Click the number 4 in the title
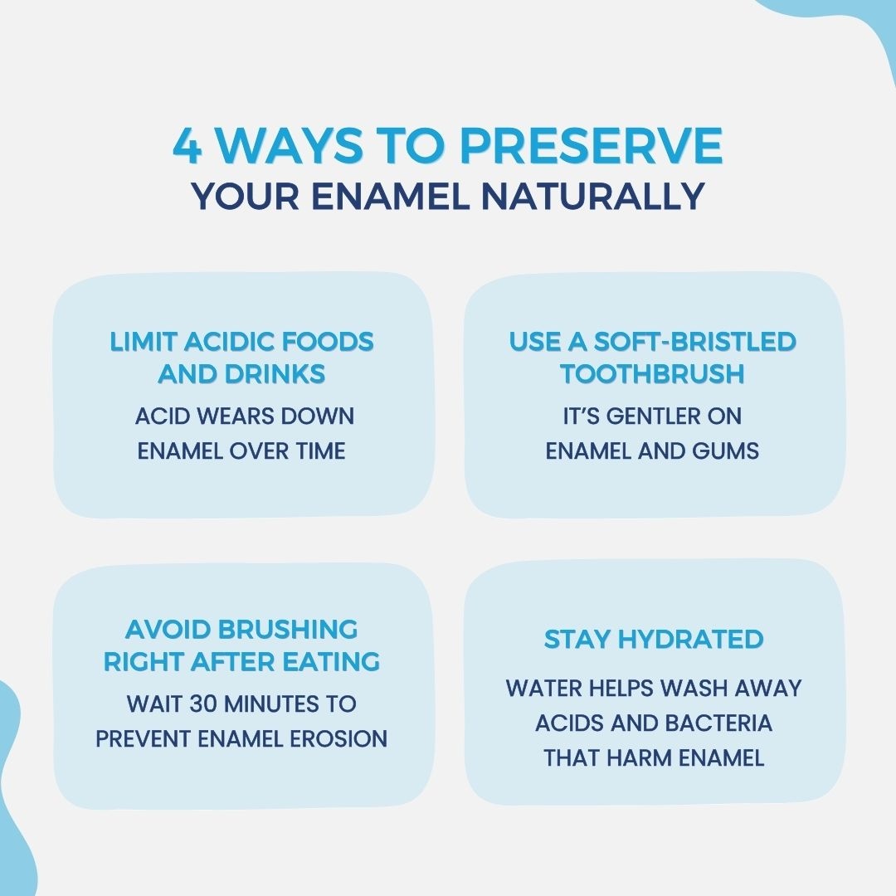pos(187,145)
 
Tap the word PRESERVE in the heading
pos(592,145)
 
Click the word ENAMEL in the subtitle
pos(390,196)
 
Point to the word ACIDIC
pos(229,342)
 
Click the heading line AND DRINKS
pos(241,374)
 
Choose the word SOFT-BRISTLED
pos(695,342)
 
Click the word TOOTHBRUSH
pos(652,374)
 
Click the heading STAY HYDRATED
pos(654,640)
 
